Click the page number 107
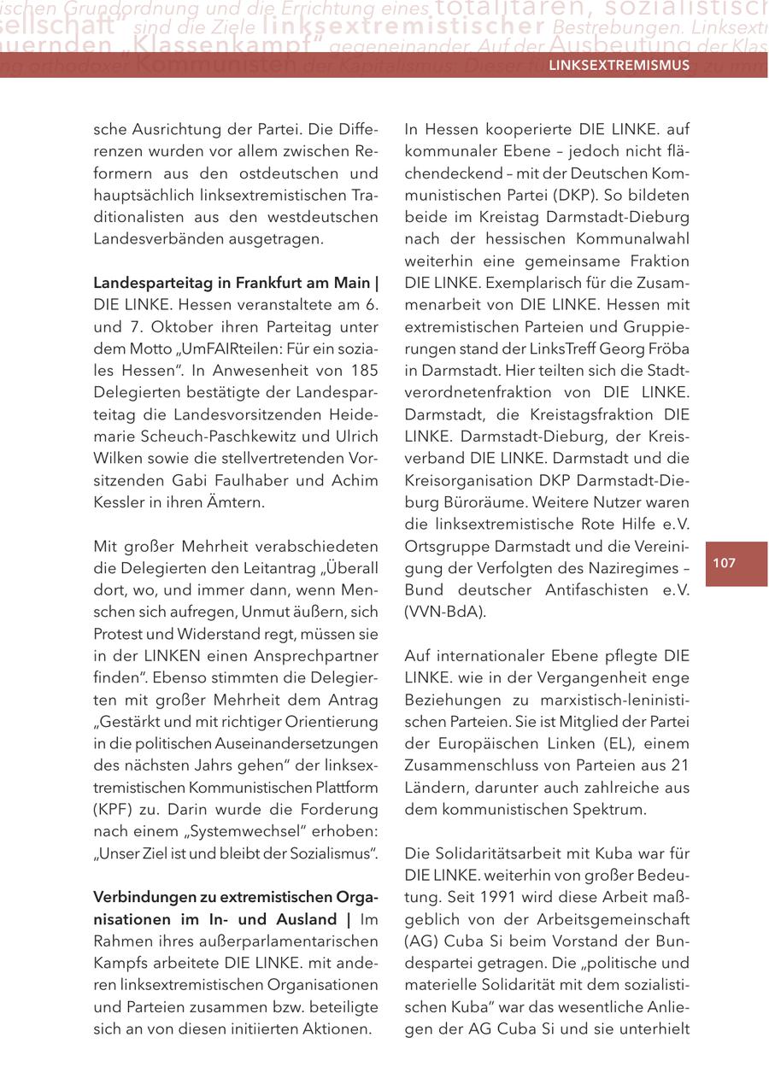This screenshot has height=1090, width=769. (724, 563)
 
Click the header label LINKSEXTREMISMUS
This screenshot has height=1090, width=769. (619, 65)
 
